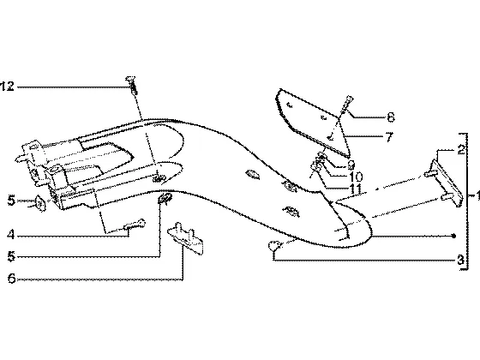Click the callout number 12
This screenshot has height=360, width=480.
pyautogui.click(x=8, y=87)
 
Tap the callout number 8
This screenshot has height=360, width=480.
pyautogui.click(x=391, y=117)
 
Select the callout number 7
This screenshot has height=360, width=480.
pyautogui.click(x=389, y=137)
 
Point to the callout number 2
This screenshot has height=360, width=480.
pyautogui.click(x=461, y=150)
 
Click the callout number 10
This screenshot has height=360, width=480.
pyautogui.click(x=356, y=177)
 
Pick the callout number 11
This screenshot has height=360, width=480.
pyautogui.click(x=355, y=189)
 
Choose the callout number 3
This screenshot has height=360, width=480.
pyautogui.click(x=461, y=260)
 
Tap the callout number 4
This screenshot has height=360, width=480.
pyautogui.click(x=11, y=235)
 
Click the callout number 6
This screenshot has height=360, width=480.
pyautogui.click(x=12, y=279)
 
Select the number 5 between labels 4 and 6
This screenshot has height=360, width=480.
pyautogui.click(x=11, y=256)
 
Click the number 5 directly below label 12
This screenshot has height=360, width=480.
pyautogui.click(x=11, y=201)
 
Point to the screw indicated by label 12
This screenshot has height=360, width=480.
pyautogui.click(x=132, y=85)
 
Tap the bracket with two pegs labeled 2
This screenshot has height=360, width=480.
pyautogui.click(x=445, y=183)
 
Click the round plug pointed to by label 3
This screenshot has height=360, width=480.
pyautogui.click(x=273, y=245)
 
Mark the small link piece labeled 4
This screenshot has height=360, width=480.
pyautogui.click(x=135, y=225)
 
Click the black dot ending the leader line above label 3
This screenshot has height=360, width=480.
pyautogui.click(x=454, y=236)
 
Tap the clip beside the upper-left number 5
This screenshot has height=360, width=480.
pyautogui.click(x=39, y=202)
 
